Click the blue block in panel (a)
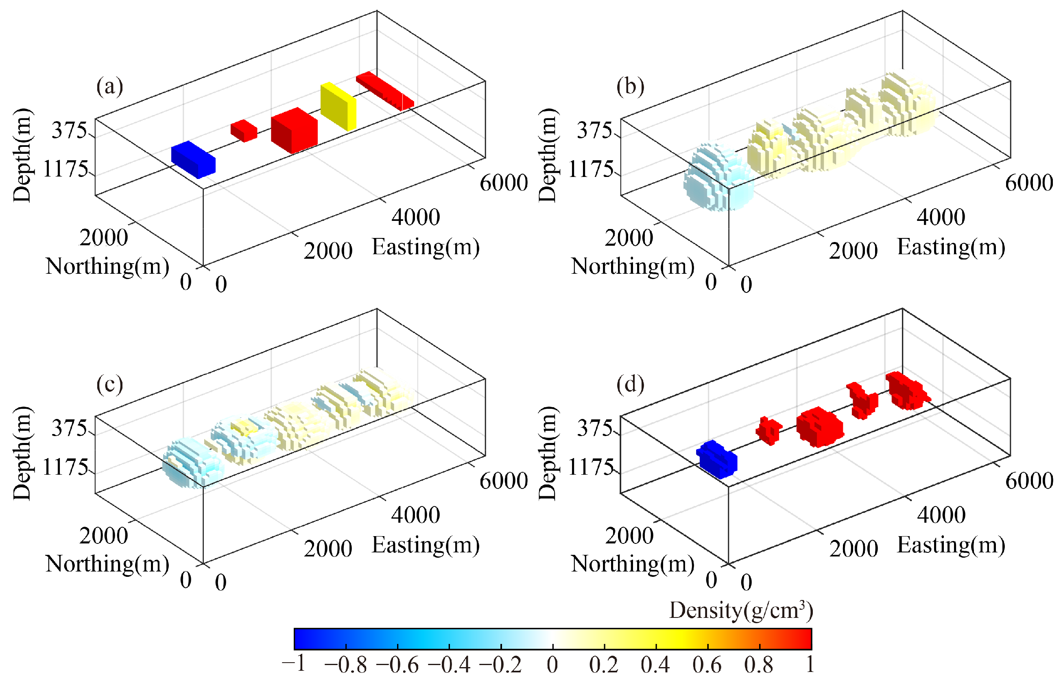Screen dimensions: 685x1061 193,159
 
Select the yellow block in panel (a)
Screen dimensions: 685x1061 338,107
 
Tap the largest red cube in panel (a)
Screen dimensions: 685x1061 295,130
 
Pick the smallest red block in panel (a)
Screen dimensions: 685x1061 243,130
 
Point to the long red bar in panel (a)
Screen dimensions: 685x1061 385,91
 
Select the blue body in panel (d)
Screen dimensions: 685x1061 717,460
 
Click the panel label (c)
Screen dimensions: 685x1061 109,385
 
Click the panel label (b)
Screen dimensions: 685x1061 630,87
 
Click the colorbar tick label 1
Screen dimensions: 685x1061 810,665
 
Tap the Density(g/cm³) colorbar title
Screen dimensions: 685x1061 741,611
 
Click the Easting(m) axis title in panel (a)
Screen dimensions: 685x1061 425,248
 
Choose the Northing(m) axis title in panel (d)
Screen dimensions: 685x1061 632,565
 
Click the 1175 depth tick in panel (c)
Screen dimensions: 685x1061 65,467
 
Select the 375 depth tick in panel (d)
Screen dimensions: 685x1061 594,429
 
